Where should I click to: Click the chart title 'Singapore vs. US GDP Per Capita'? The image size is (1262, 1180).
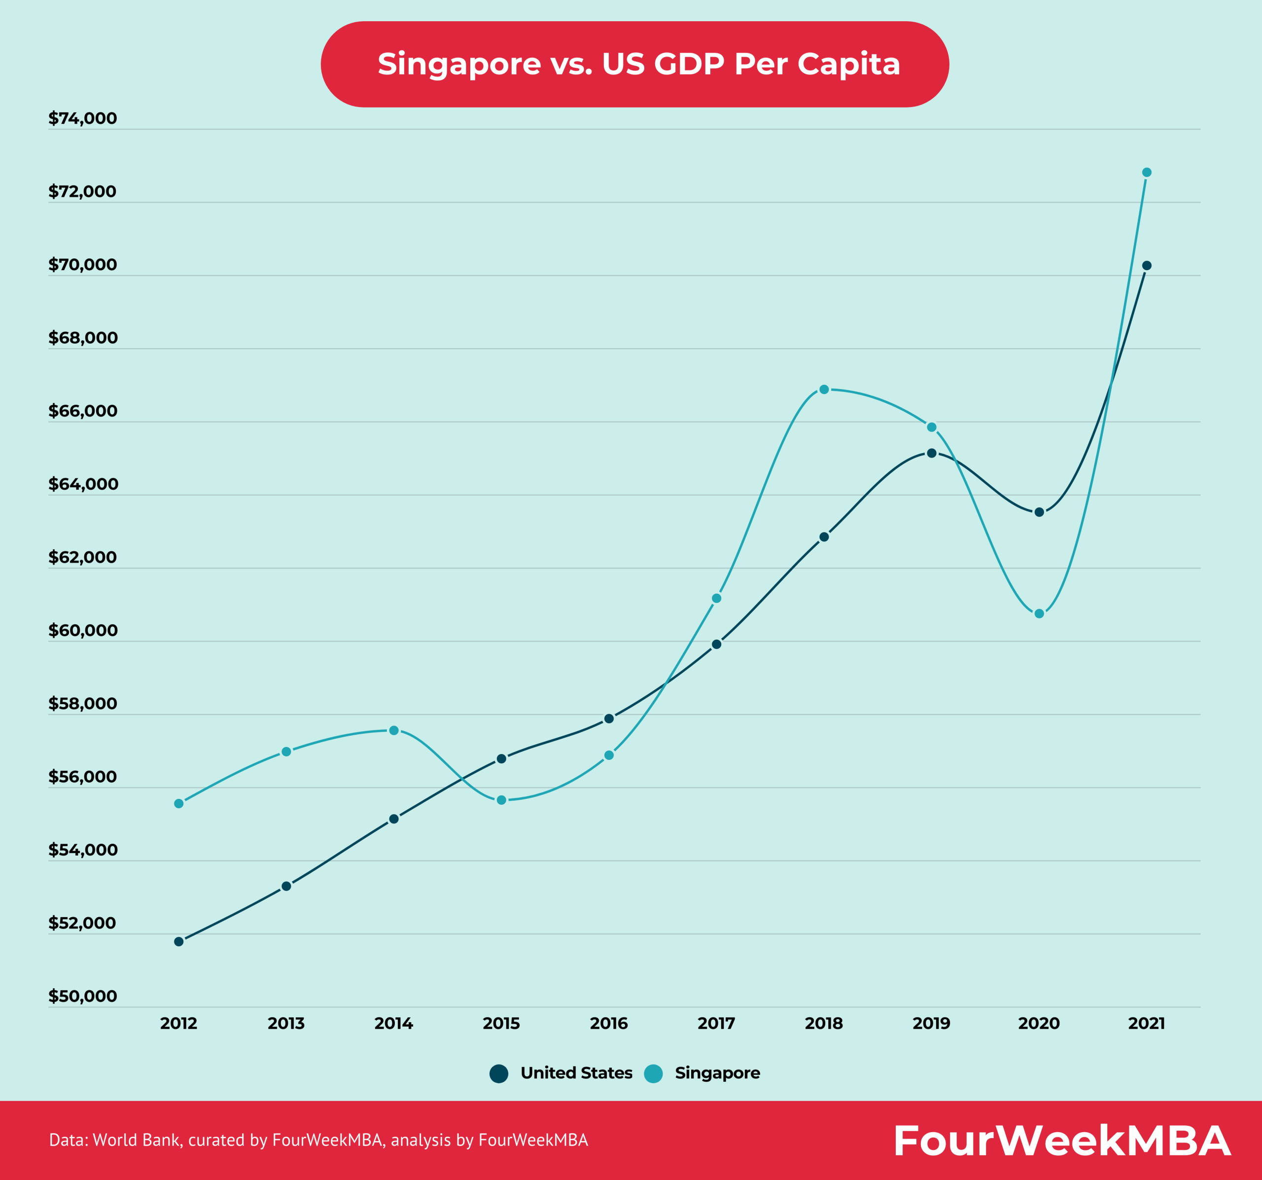(638, 64)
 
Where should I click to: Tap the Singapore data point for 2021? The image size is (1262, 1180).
(1147, 172)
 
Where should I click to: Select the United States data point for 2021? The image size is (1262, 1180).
(1147, 265)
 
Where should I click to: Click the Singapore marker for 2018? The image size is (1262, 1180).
(824, 390)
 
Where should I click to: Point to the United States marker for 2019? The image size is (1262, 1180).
(931, 453)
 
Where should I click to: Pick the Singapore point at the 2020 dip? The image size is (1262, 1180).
(1039, 613)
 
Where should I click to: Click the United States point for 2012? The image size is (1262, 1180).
(179, 941)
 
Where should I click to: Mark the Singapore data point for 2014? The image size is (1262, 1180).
(393, 730)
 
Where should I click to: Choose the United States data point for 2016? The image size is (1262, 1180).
(609, 718)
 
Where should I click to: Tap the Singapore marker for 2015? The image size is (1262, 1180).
(501, 800)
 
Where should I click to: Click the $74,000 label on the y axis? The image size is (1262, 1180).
(82, 118)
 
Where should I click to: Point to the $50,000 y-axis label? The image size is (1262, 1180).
(82, 996)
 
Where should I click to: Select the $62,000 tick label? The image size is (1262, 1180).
(82, 557)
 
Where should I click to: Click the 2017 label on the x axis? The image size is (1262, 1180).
(716, 1023)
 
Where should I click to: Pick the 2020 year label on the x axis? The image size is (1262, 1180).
(1039, 1023)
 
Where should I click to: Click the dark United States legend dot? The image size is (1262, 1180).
(499, 1073)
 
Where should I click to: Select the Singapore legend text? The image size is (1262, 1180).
(717, 1073)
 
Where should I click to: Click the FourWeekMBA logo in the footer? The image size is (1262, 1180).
(1062, 1141)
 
